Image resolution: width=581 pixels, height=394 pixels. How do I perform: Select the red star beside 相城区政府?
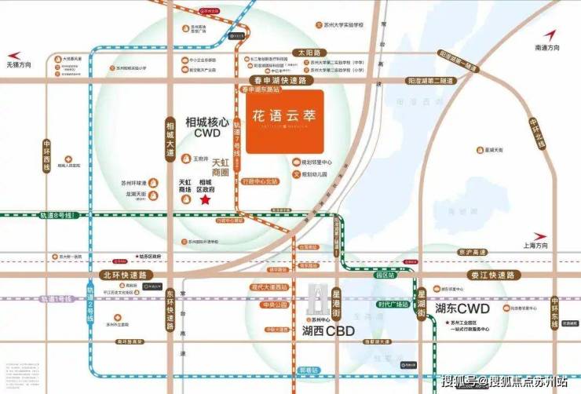[206, 201]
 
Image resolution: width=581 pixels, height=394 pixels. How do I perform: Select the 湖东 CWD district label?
[462, 309]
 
